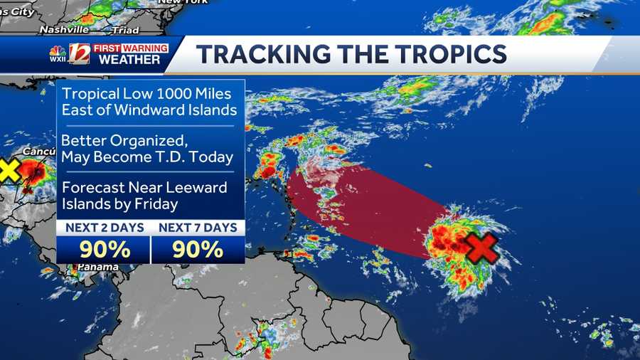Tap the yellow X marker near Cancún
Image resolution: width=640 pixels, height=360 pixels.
(8, 170)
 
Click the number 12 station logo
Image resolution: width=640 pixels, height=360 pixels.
(79, 54)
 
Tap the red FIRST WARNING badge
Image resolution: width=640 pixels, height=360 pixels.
(130, 48)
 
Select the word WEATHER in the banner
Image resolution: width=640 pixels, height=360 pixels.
(129, 60)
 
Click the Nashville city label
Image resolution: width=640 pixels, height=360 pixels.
(64, 30)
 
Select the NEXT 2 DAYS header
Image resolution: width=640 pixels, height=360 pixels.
(104, 228)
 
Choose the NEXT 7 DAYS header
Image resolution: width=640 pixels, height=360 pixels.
(198, 228)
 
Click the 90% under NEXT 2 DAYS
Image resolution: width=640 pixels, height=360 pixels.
(104, 250)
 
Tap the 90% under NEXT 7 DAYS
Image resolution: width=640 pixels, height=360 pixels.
(198, 250)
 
